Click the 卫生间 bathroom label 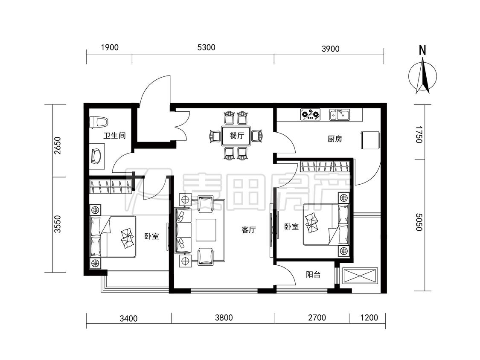pos(114,136)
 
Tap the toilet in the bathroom pos(98,122)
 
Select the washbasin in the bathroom pos(97,156)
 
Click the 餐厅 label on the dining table pos(237,135)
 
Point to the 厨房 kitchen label pos(335,139)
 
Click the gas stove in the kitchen pos(311,114)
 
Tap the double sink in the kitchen pos(340,114)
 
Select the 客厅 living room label pos(248,229)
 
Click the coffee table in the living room pos(206,230)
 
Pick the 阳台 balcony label pos(313,275)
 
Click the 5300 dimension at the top pos(207,47)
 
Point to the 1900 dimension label pos(110,47)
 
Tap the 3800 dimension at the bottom pos(224,318)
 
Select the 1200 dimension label pos(369,318)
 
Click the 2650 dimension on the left pos(57,145)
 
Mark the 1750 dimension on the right pos(419,134)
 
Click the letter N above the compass pos(422,50)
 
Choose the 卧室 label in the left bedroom pos(151,236)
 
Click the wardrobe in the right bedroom pos(325,166)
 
